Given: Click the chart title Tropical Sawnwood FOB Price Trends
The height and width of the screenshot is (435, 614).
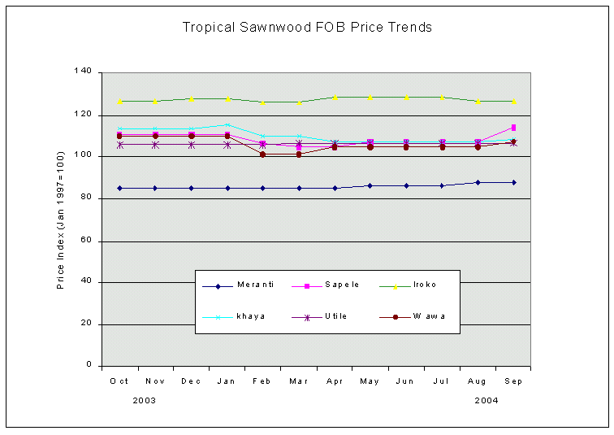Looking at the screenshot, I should click(x=307, y=28).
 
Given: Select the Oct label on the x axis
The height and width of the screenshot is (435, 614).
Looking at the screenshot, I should click(x=119, y=381).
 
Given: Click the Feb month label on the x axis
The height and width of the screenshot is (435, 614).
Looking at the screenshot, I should click(x=262, y=381).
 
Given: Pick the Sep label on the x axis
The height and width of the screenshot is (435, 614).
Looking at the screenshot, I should click(x=513, y=381).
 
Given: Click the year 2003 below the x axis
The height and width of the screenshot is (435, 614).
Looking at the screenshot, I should click(x=144, y=400).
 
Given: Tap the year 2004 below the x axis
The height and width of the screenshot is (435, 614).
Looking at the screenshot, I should click(x=486, y=400).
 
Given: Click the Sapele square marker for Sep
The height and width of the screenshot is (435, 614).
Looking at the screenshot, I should click(x=513, y=128).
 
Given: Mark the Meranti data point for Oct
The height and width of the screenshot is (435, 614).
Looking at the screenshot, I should click(x=119, y=188).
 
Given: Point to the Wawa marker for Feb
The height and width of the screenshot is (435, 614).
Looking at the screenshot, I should click(x=262, y=154).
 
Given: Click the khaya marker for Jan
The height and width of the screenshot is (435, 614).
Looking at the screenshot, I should click(x=227, y=124).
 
